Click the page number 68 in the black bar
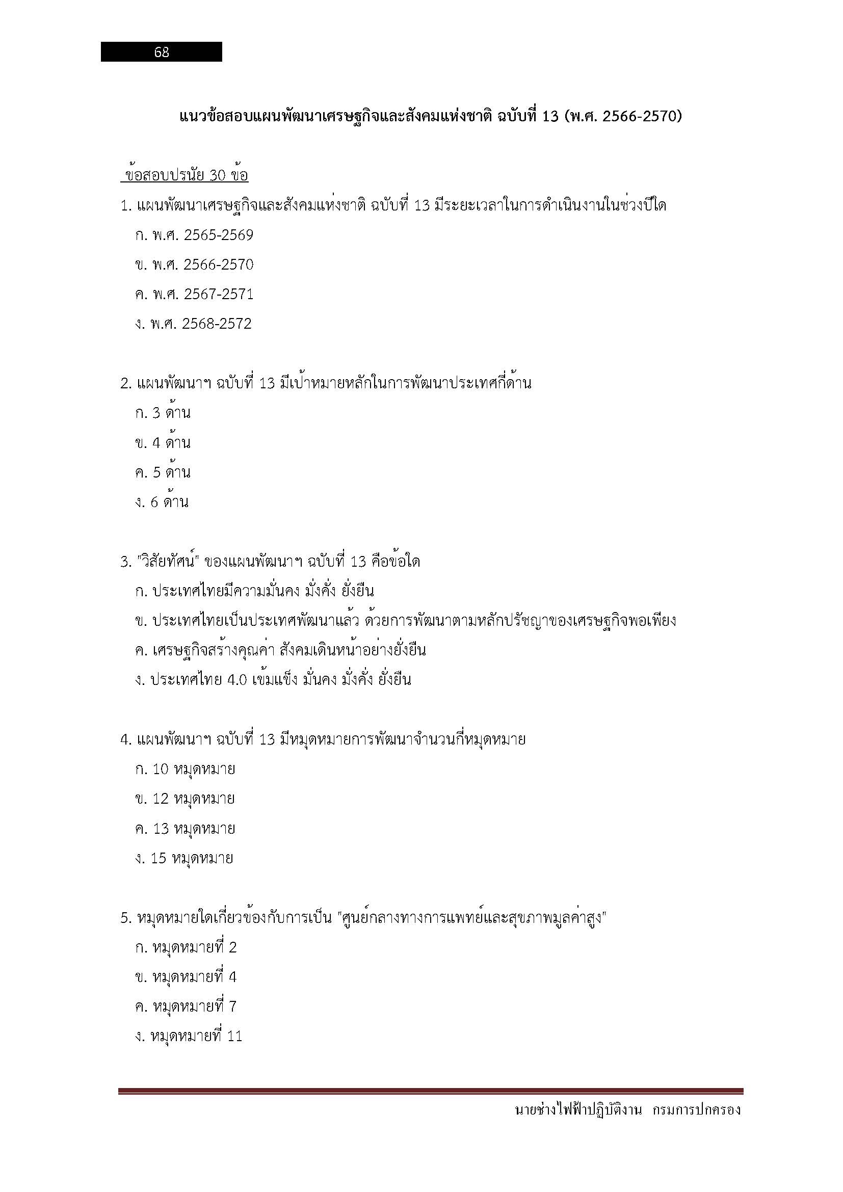(162, 52)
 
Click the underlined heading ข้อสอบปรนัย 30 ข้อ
(185, 176)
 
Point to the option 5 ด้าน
(171, 473)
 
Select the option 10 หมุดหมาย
(194, 769)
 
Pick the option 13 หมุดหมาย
(194, 829)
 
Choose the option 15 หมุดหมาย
(192, 858)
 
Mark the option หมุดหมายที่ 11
(196, 1036)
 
